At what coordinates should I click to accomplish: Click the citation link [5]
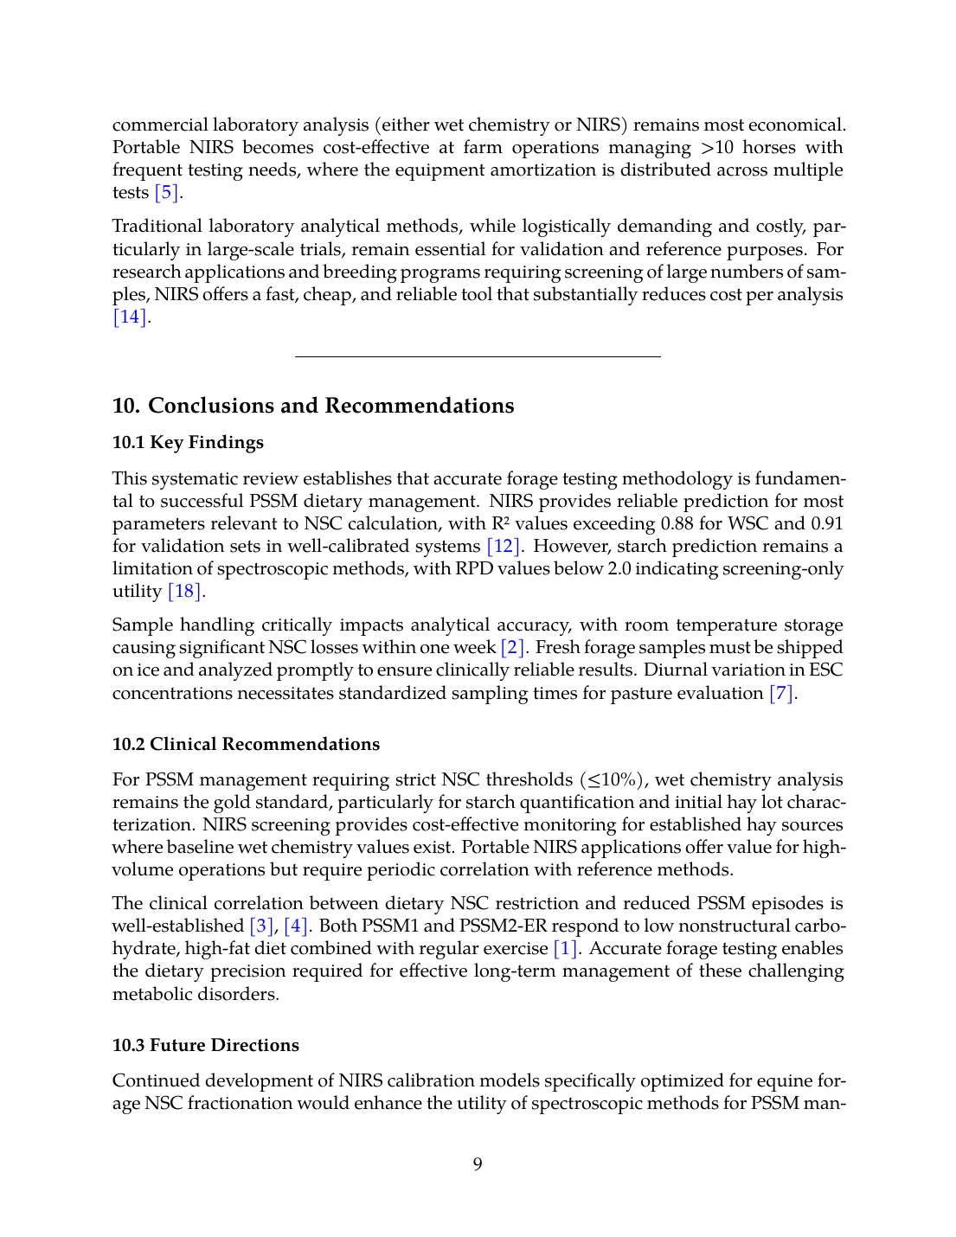pyautogui.click(x=166, y=193)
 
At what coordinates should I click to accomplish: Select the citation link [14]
pyautogui.click(x=130, y=317)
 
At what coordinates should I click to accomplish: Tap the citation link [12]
pyautogui.click(x=504, y=547)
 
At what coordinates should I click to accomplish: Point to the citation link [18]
pyautogui.click(x=184, y=592)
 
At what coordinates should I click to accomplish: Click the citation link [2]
pyautogui.click(x=513, y=648)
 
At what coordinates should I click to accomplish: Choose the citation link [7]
pyautogui.click(x=781, y=694)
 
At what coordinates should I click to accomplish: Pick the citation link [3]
pyautogui.click(x=261, y=926)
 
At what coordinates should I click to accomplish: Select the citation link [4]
pyautogui.click(x=296, y=926)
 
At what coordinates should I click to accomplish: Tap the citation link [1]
pyautogui.click(x=565, y=949)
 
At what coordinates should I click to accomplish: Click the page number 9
pyautogui.click(x=478, y=1164)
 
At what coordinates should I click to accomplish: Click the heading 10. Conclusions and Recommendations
pyautogui.click(x=313, y=406)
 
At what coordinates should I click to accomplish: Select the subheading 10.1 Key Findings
pyautogui.click(x=188, y=443)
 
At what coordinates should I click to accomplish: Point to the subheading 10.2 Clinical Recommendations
pyautogui.click(x=246, y=745)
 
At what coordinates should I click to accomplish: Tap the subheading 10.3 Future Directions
pyautogui.click(x=206, y=1046)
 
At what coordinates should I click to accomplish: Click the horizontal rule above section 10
pyautogui.click(x=478, y=356)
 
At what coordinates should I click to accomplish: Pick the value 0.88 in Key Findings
pyautogui.click(x=679, y=524)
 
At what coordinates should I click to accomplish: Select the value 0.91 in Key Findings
pyautogui.click(x=826, y=524)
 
